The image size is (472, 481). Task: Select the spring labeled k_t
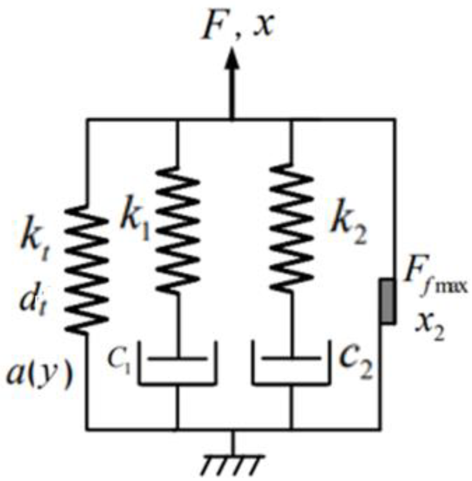[87, 269]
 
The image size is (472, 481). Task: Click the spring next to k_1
[177, 229]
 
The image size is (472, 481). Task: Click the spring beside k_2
[291, 228]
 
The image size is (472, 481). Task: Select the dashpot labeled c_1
[178, 364]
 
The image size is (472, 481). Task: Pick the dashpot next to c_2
[291, 364]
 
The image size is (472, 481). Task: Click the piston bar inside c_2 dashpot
[291, 359]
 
